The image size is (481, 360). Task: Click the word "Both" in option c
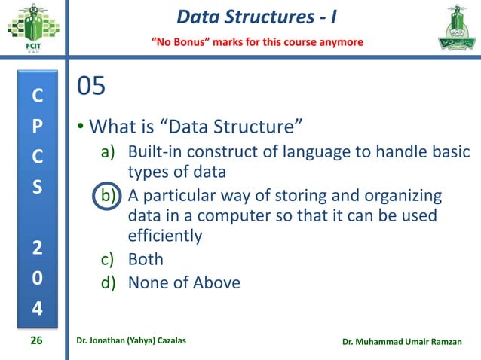click(146, 260)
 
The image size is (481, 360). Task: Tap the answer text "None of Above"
click(184, 283)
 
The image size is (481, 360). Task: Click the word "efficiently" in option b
click(165, 236)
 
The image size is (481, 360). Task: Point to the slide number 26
click(35, 341)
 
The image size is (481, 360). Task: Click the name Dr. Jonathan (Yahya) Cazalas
click(136, 341)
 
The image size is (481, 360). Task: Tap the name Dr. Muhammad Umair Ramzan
click(406, 342)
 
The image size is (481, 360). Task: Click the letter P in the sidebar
click(37, 124)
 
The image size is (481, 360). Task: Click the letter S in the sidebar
click(37, 185)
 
